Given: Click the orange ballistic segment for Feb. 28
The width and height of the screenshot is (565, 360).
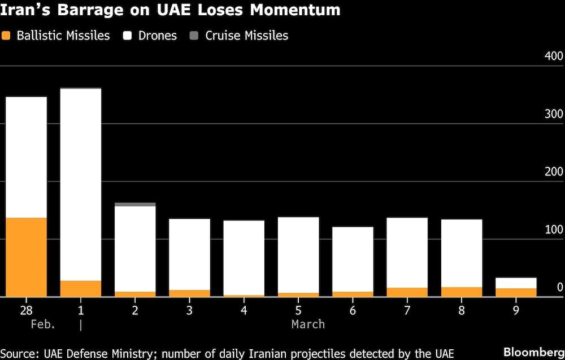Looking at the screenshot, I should (x=26, y=257).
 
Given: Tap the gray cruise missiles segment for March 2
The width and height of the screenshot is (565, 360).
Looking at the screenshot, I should (x=135, y=205).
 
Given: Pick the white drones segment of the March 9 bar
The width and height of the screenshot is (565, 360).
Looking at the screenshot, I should (x=516, y=283).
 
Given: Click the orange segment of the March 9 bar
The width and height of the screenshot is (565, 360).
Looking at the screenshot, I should (x=516, y=292).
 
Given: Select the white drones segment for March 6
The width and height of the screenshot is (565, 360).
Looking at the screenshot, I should (x=353, y=259).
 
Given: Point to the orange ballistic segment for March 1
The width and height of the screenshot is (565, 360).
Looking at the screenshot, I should (x=81, y=288).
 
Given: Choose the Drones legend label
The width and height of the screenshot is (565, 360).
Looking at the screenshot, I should (x=158, y=36).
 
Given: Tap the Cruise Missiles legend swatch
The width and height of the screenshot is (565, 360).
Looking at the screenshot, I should (x=194, y=36).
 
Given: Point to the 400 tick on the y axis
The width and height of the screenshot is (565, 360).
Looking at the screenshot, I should (x=553, y=57).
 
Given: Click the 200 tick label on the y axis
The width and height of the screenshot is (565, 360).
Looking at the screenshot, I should (x=553, y=172).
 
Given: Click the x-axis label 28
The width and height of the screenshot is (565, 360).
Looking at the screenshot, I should (x=26, y=310).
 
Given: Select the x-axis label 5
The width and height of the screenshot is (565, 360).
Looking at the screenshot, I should (x=298, y=310).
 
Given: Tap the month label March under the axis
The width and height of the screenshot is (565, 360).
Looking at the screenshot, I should (x=308, y=324).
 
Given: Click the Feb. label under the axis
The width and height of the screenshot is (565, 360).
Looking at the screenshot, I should (x=43, y=324).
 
